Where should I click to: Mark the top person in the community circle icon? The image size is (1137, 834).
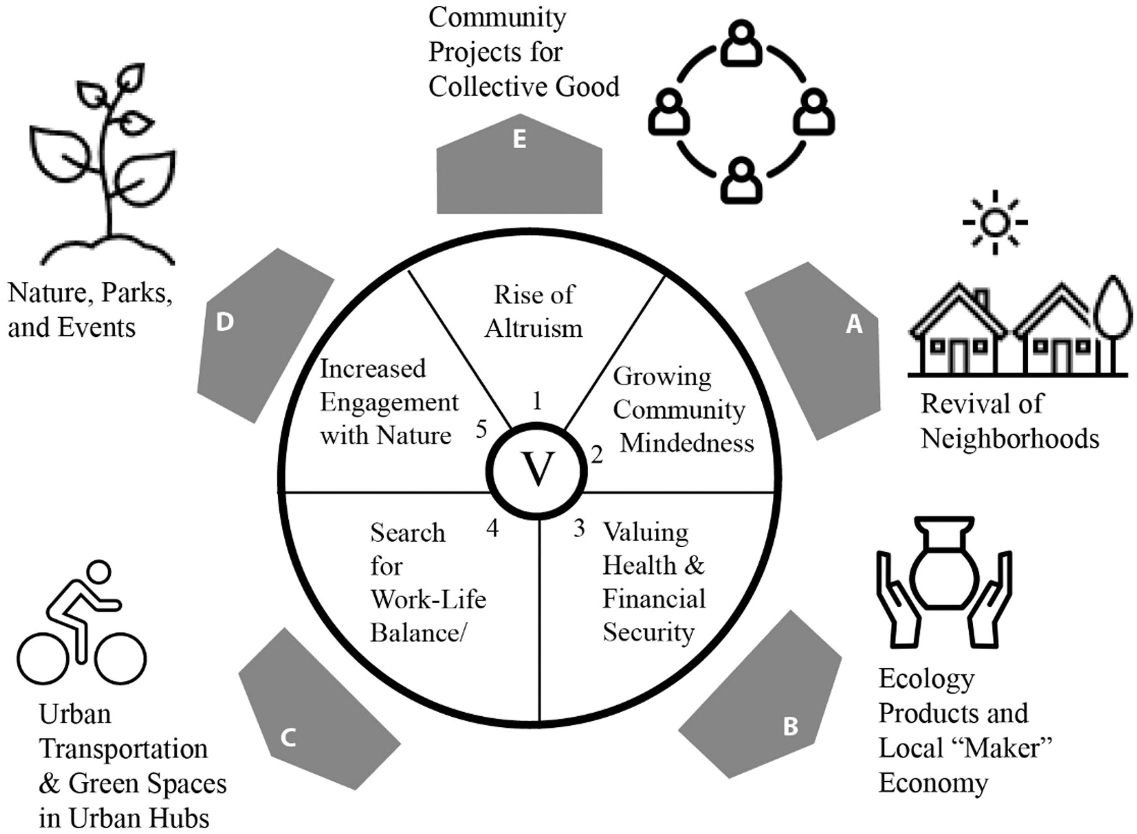(x=740, y=45)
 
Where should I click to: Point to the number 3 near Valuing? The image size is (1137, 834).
(x=579, y=528)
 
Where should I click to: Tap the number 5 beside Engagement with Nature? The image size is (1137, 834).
(x=481, y=429)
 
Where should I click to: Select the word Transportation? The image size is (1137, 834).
(x=123, y=749)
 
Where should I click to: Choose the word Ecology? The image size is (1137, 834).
(x=926, y=679)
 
